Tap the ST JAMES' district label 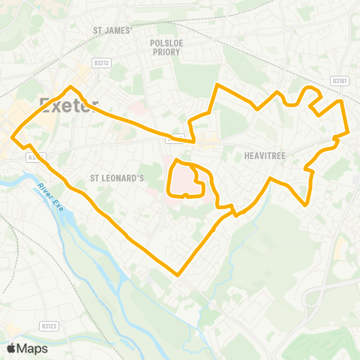(112, 31)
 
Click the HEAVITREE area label (262, 156)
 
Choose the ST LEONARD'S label (116, 178)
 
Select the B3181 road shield (340, 80)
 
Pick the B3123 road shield (49, 326)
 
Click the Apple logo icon (11, 348)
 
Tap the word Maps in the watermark (33, 348)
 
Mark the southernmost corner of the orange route (178, 274)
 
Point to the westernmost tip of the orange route (13, 136)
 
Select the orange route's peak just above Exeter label (72, 87)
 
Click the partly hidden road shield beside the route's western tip (34, 157)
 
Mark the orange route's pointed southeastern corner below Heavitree (307, 203)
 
